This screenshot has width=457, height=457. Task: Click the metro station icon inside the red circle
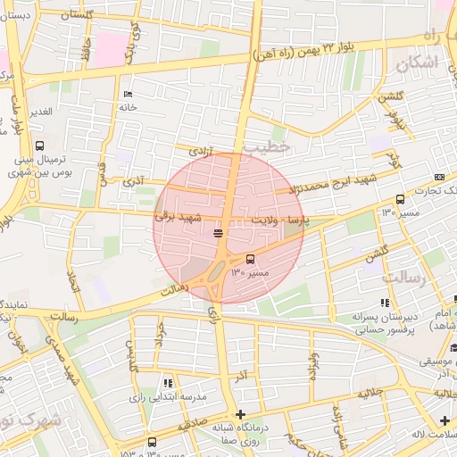point(219,233)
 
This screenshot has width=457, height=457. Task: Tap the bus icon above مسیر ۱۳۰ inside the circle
point(249,259)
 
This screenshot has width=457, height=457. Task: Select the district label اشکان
point(416,63)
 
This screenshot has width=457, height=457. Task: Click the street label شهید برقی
point(179,217)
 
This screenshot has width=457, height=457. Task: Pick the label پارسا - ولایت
point(279,220)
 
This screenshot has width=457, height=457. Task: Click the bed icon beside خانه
point(128,95)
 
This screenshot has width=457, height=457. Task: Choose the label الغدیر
point(39,112)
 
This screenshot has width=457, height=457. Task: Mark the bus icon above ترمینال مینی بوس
point(39,145)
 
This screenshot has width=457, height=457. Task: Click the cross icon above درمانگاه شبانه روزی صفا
point(240,414)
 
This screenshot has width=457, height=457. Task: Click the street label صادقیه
point(191,426)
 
